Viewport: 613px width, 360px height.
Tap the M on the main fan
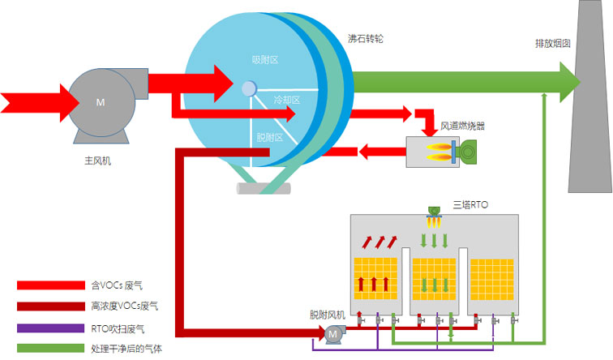(101, 102)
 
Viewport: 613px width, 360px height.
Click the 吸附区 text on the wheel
(265, 60)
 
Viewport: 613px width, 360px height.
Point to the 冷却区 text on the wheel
(287, 100)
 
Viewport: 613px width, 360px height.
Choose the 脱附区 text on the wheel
(269, 138)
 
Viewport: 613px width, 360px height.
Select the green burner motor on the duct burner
(468, 151)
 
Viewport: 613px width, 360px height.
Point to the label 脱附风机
(328, 314)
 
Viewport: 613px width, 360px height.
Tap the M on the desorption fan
(332, 333)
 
